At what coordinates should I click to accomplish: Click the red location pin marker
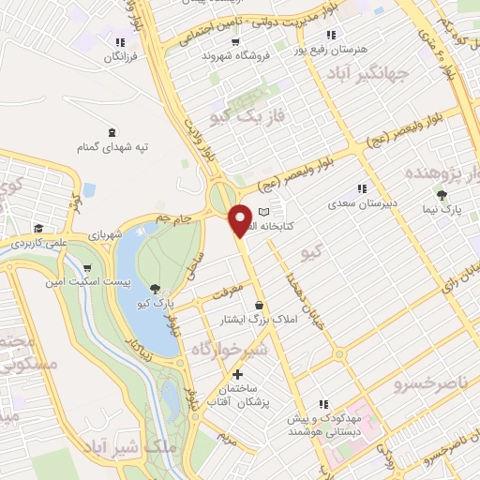pos(241,220)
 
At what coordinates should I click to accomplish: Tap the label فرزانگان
pos(119,58)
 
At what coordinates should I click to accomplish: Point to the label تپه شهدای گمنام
pos(113,148)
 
